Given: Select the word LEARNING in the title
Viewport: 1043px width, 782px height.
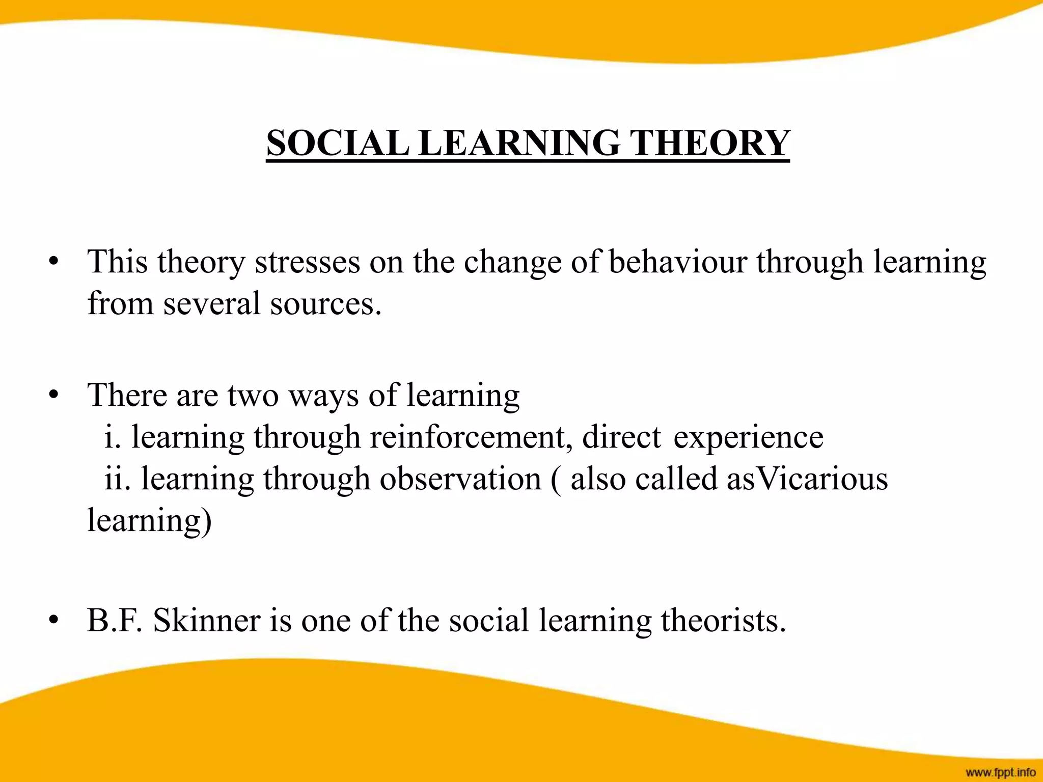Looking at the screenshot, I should pyautogui.click(x=519, y=143).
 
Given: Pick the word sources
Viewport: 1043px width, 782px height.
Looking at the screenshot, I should pyautogui.click(x=326, y=303).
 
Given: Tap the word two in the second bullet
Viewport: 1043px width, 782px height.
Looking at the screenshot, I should pyautogui.click(x=253, y=395).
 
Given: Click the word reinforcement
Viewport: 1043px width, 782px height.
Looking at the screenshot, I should pyautogui.click(x=471, y=437).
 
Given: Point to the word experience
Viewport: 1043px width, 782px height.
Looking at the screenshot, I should pyautogui.click(x=748, y=438).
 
